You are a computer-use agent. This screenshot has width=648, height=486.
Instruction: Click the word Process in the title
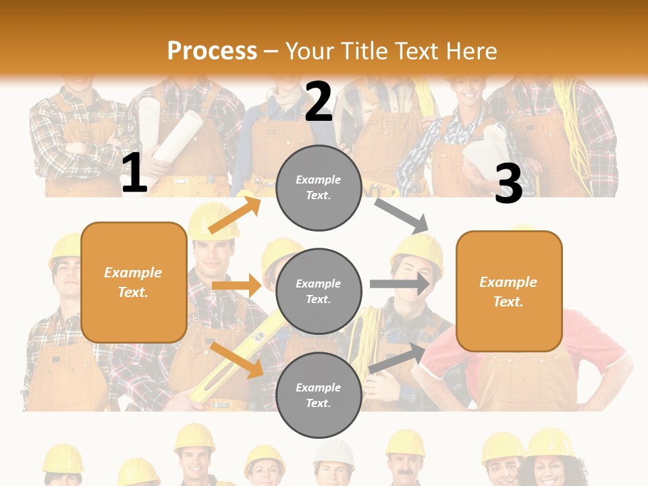click(212, 51)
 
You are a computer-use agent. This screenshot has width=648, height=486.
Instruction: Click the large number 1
click(134, 173)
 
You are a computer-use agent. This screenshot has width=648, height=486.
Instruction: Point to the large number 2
click(319, 103)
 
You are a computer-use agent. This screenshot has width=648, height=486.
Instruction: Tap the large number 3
click(509, 184)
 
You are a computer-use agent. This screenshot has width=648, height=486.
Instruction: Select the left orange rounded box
click(134, 282)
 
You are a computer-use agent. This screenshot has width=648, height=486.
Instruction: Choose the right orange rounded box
click(509, 291)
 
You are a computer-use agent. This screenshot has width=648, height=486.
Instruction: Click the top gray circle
click(319, 188)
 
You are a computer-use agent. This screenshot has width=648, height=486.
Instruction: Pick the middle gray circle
click(319, 291)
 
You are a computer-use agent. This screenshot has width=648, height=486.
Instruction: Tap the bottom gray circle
click(319, 395)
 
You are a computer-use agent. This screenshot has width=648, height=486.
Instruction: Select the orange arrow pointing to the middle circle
click(236, 286)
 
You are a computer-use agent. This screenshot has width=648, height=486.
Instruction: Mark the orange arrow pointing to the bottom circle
click(236, 359)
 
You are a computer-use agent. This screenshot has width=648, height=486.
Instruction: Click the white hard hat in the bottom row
click(334, 454)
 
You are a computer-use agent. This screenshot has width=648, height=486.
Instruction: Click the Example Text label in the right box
click(508, 292)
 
